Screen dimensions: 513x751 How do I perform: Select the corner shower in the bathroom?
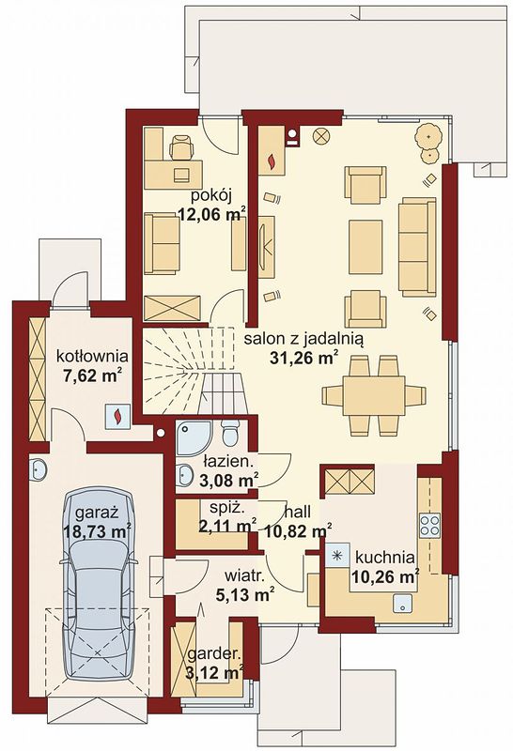[x=194, y=438]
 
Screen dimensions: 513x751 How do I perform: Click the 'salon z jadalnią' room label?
[x=303, y=339]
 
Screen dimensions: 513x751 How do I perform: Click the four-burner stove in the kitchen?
[x=429, y=525]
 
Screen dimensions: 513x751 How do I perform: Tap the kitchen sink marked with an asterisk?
[x=338, y=556]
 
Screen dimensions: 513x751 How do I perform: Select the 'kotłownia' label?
[x=92, y=356]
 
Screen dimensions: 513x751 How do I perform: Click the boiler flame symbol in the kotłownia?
[x=117, y=416]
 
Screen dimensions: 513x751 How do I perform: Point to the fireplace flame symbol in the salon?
[x=272, y=161]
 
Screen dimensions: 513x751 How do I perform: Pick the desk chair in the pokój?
[x=180, y=146]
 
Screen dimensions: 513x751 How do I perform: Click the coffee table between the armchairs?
[x=365, y=247]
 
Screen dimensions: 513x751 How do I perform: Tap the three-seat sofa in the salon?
[x=417, y=247]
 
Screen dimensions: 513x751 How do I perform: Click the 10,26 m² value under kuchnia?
[x=385, y=576]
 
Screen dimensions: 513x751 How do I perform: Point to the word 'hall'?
[x=297, y=512]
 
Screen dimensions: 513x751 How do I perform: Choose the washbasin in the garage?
[x=37, y=468]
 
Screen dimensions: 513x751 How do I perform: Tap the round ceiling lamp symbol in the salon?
[x=321, y=136]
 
